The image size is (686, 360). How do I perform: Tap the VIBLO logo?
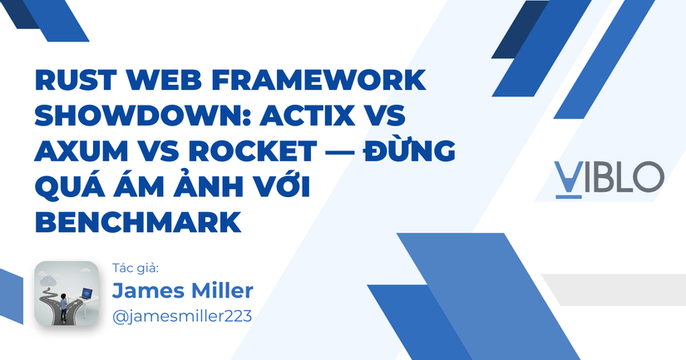tap(610, 177)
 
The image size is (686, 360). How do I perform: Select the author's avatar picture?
tap(66, 294)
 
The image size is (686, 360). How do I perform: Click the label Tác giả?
tap(135, 268)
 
